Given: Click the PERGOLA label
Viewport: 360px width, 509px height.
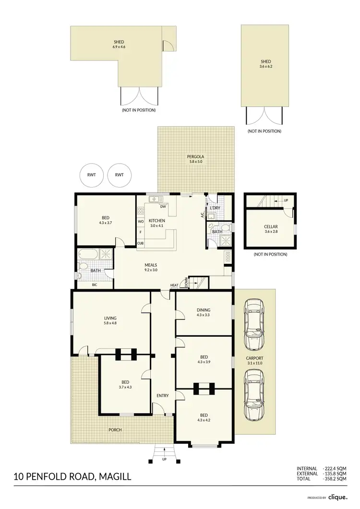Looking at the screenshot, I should (x=196, y=157).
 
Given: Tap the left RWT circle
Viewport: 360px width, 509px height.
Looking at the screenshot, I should (x=91, y=175).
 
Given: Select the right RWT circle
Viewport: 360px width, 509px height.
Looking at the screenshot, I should (x=119, y=175).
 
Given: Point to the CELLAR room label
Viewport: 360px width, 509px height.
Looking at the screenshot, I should (x=271, y=227).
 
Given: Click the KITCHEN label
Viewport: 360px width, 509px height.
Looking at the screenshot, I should (x=157, y=220).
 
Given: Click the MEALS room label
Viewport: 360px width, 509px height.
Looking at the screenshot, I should (x=151, y=265).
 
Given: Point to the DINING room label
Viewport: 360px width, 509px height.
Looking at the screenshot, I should (x=203, y=310).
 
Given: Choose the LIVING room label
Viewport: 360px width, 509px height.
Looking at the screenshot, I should (x=110, y=318).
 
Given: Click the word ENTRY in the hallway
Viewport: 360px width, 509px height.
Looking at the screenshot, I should (x=162, y=395).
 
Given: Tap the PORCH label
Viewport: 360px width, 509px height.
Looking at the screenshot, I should (x=115, y=429).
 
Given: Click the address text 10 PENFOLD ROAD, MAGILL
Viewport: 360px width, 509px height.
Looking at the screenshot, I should (x=72, y=477).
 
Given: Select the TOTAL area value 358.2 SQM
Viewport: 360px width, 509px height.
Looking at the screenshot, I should (x=336, y=479).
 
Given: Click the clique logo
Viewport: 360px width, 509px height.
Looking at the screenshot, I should (x=338, y=497).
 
